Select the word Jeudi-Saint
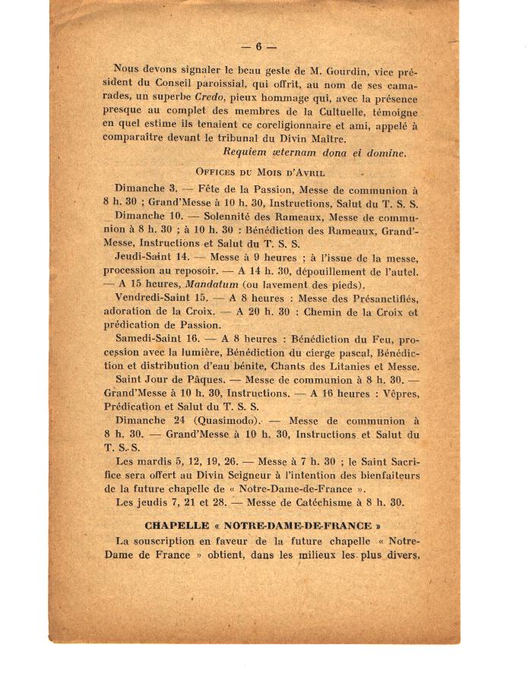[x=142, y=258]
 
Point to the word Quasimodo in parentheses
[x=225, y=421]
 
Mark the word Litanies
[x=332, y=366]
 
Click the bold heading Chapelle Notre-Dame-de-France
[x=263, y=525]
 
